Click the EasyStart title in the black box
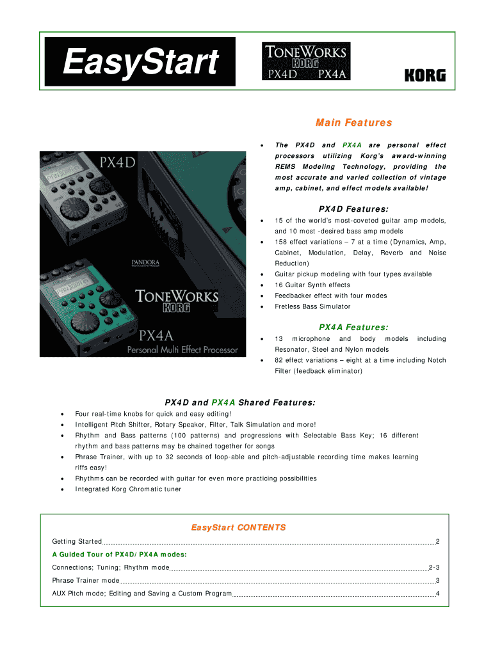tap(140, 63)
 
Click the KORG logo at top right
tap(424, 75)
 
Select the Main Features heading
tap(353, 122)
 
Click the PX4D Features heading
tap(353, 209)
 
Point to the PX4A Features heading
tap(353, 327)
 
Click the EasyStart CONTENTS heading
tap(238, 528)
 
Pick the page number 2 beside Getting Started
tap(437, 542)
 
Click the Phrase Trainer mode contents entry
tap(86, 581)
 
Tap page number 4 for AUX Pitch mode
tap(437, 594)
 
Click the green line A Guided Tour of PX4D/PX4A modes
tap(119, 555)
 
